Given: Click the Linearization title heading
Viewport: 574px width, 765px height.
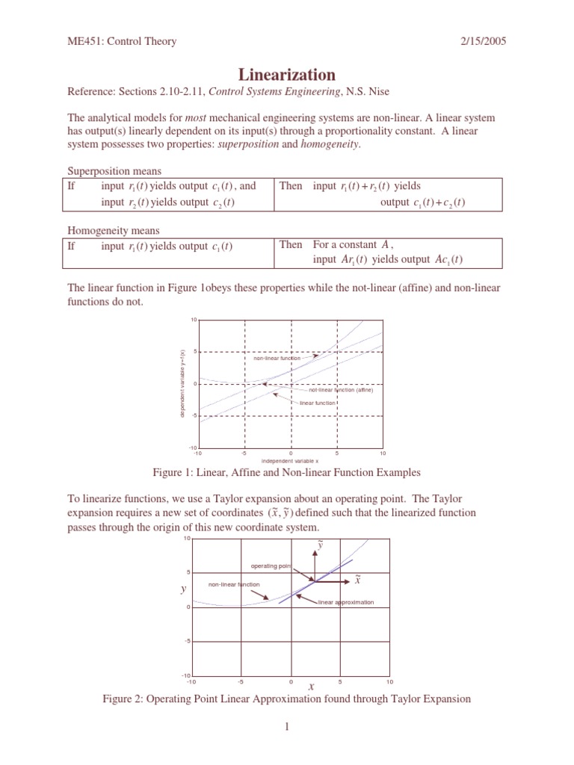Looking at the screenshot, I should pos(287,75).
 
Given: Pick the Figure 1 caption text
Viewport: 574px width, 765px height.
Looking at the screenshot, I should pos(287,472).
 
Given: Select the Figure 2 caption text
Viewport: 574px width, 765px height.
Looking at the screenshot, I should pos(287,699).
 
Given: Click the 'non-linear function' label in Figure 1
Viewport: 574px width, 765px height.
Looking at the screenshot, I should pos(277,358).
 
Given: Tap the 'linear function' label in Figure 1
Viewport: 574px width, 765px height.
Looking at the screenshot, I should pos(317,403).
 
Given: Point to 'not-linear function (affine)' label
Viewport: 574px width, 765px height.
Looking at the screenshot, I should pos(340,390).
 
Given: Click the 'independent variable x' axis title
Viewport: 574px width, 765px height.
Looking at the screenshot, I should pos(290,461).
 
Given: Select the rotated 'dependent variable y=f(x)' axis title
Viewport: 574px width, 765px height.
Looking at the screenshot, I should pos(182,383).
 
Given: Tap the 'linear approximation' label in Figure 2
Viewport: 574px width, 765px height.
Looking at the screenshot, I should pos(345,601).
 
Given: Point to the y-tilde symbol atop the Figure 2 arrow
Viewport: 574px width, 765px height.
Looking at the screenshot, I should pos(321,545).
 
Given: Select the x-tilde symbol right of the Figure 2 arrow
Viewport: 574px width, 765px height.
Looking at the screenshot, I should pos(357,579).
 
